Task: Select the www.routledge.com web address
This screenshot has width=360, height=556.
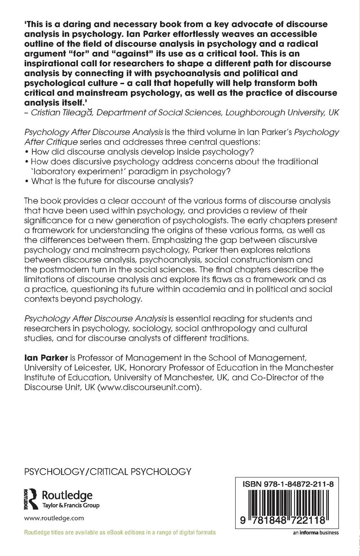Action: [54, 518]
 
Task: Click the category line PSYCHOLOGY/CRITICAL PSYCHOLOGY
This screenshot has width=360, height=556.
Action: [108, 471]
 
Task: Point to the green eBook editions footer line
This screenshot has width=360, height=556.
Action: [120, 532]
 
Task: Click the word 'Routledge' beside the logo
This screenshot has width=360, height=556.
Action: [67, 495]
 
